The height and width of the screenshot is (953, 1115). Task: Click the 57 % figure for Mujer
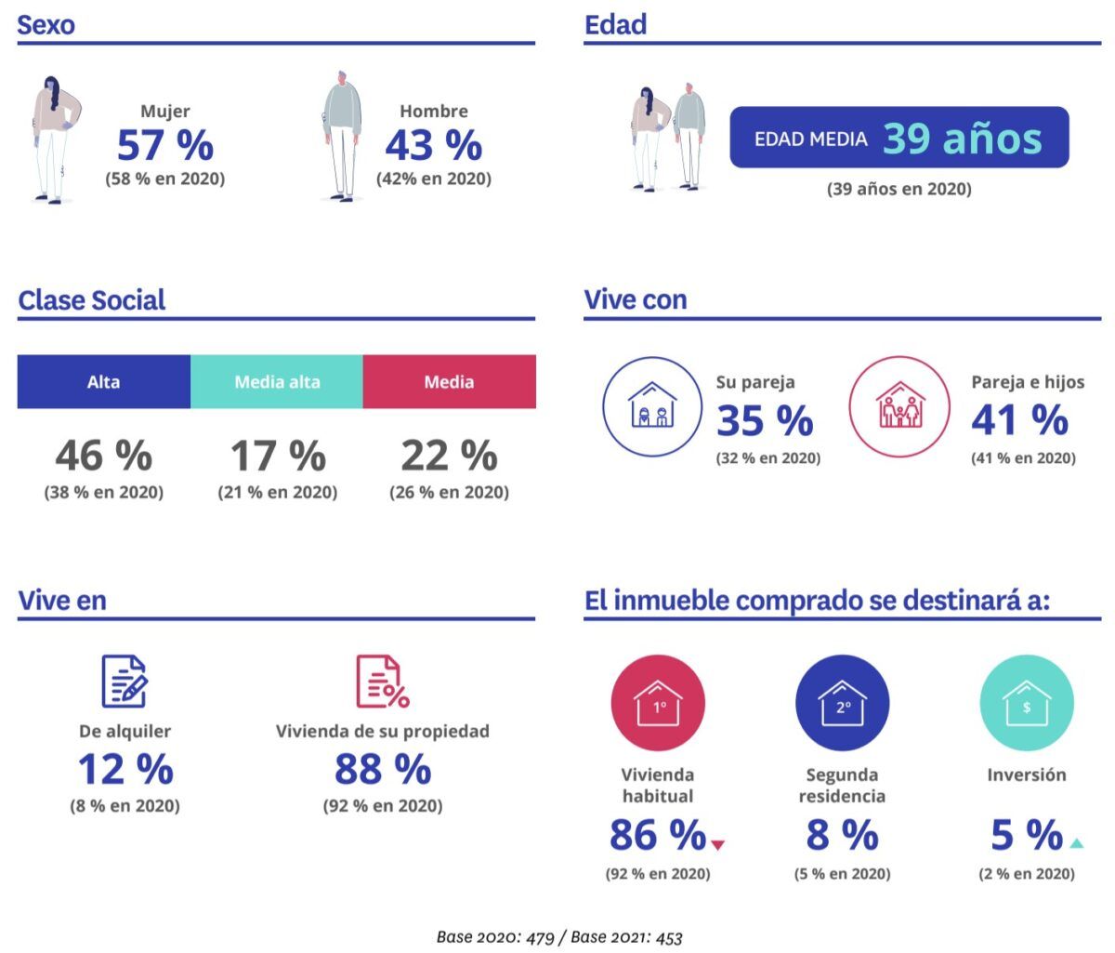pos(165,145)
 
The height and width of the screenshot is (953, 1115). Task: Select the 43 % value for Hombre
pos(433,145)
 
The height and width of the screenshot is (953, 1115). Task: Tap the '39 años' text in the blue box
pos(962,139)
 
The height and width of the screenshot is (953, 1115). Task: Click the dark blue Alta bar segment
pos(103,381)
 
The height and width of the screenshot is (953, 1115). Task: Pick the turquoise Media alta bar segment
pos(277,381)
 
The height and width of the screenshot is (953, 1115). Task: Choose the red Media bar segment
pos(450,381)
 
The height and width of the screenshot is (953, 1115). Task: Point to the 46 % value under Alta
pos(103,456)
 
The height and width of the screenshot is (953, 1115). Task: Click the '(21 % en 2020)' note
pos(277,492)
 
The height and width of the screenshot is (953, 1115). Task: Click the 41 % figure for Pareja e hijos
pos(1019,419)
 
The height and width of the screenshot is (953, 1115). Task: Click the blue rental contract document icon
pos(125,681)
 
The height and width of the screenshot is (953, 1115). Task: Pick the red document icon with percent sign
pos(383,681)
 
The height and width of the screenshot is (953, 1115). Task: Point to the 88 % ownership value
pos(383,769)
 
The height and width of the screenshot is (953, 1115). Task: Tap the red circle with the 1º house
pos(658,703)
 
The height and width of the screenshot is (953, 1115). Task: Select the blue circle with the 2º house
pos(842,703)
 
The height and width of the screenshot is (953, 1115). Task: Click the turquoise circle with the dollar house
pos(1027,703)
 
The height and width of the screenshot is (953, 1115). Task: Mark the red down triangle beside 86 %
pos(717,844)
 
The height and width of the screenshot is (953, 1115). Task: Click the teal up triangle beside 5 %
pos(1076,843)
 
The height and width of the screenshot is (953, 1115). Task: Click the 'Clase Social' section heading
pos(92,299)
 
